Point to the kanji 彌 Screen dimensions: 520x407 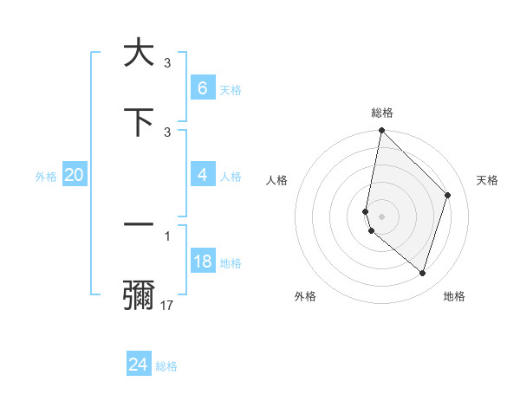(x=139, y=295)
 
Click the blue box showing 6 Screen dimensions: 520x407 (x=202, y=87)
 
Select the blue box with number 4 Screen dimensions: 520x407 (x=202, y=175)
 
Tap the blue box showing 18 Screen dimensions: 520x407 (x=202, y=262)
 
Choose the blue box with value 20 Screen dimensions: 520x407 (x=74, y=175)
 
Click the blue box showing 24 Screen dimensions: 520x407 (x=138, y=365)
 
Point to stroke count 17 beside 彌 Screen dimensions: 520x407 (x=167, y=306)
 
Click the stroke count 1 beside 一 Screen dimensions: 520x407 (x=167, y=235)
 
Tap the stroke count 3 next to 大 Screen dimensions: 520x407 (x=167, y=62)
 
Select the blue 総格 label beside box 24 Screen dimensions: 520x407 (x=166, y=366)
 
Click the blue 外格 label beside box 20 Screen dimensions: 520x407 (x=46, y=176)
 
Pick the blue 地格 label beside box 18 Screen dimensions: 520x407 (x=231, y=263)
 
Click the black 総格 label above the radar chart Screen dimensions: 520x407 (x=381, y=113)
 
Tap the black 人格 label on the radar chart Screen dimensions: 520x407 (x=277, y=180)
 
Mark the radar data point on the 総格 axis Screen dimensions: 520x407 (x=381, y=130)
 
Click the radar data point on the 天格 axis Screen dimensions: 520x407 (x=448, y=195)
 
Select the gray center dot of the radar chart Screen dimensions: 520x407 (x=381, y=216)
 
